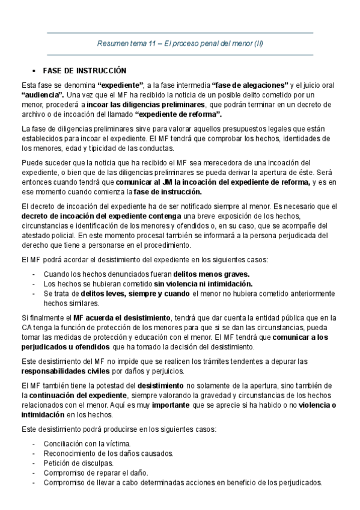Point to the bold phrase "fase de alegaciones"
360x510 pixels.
(x=250, y=85)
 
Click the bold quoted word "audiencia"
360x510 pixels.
(x=42, y=95)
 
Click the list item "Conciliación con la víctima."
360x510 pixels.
(x=87, y=444)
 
